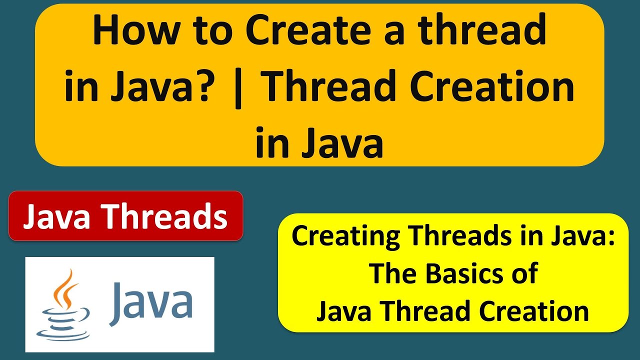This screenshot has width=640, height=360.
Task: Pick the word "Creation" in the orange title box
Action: click(x=492, y=86)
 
